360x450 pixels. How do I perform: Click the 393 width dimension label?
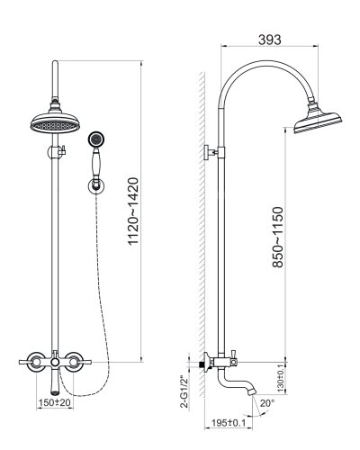pos(270,40)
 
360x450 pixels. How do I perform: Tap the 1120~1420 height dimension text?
pos(133,211)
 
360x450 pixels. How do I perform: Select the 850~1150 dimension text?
pos(278,237)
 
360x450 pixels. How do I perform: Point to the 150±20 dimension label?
pos(55,402)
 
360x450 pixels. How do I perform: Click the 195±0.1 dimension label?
pos(229,423)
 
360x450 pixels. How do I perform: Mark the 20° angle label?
pos(267,403)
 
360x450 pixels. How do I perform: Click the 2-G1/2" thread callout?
pos(184,391)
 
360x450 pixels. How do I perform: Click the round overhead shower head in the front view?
pos(55,123)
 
